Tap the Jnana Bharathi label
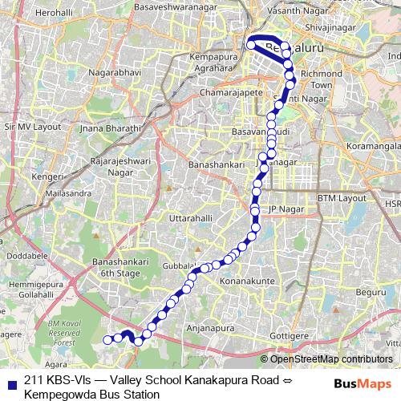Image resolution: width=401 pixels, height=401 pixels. coord(112,127)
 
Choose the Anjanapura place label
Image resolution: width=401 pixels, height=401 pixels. coord(211,327)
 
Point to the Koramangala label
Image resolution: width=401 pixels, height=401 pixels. coord(375,148)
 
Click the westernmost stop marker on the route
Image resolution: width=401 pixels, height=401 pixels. coord(107,340)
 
